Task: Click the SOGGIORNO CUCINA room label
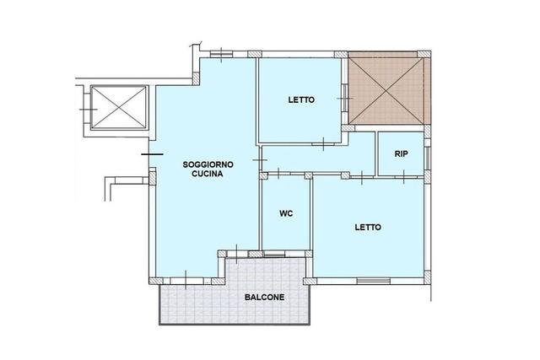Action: click(208, 169)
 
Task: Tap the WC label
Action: click(286, 213)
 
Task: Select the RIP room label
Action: click(402, 153)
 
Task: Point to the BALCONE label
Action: click(264, 297)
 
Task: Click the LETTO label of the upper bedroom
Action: click(301, 99)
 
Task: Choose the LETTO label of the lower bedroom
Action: click(368, 227)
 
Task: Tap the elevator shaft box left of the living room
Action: click(119, 107)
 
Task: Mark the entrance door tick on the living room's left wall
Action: click(152, 154)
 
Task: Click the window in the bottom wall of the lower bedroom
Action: click(374, 281)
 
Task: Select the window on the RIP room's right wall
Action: click(427, 159)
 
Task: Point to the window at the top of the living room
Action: click(221, 54)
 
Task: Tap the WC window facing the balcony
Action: click(274, 255)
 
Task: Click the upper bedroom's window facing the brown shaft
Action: click(345, 99)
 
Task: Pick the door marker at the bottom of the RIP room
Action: click(403, 177)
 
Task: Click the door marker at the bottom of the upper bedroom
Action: click(323, 144)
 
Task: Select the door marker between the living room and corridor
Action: click(260, 160)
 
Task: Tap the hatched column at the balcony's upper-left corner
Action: click(222, 254)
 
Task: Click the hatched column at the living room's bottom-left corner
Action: click(156, 281)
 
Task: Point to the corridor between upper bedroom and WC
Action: click(318, 159)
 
